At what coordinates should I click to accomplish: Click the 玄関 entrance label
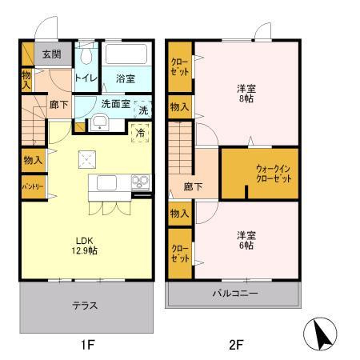[x=52, y=54]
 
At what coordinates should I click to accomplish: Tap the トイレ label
[x=86, y=78]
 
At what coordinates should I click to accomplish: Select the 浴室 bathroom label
[x=125, y=78]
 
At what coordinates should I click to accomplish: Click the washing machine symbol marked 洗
[x=142, y=110]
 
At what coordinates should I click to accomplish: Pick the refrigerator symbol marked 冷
[x=141, y=133]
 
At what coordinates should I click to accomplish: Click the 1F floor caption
[x=87, y=345]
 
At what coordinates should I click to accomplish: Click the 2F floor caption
[x=235, y=345]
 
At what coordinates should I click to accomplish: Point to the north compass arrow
[x=322, y=334]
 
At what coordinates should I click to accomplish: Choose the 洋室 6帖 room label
[x=246, y=241]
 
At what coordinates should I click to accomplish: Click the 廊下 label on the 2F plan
[x=194, y=186]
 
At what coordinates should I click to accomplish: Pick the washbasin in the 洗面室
[x=101, y=122]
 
